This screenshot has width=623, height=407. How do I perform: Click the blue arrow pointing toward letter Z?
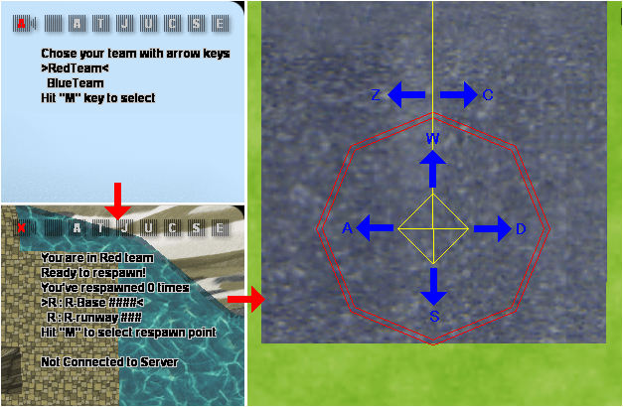click(x=406, y=95)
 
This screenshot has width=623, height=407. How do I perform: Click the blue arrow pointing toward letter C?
click(x=459, y=95)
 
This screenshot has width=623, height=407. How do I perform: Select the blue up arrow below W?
click(x=432, y=169)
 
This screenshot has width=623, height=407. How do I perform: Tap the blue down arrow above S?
click(x=433, y=287)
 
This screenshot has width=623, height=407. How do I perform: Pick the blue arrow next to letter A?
click(x=375, y=228)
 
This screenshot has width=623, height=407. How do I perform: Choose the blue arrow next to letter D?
click(x=493, y=228)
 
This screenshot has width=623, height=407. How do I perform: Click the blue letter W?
click(x=432, y=138)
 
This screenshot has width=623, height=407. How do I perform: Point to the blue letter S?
click(x=434, y=317)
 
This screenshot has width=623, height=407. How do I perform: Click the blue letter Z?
click(x=376, y=95)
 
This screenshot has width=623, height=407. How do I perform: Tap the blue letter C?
click(x=488, y=95)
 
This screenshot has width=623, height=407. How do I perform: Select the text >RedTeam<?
click(x=75, y=68)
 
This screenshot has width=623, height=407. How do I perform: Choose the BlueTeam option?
click(x=76, y=83)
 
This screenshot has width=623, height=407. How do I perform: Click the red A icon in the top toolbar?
click(x=22, y=24)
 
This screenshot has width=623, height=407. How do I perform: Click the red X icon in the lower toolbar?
click(x=22, y=228)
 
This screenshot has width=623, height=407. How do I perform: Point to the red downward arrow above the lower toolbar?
click(x=117, y=201)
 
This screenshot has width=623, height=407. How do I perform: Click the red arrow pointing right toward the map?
click(x=246, y=299)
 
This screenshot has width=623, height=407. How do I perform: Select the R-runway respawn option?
click(x=94, y=318)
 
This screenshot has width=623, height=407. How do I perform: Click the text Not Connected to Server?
click(x=109, y=362)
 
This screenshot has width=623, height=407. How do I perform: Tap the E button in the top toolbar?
click(x=220, y=24)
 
